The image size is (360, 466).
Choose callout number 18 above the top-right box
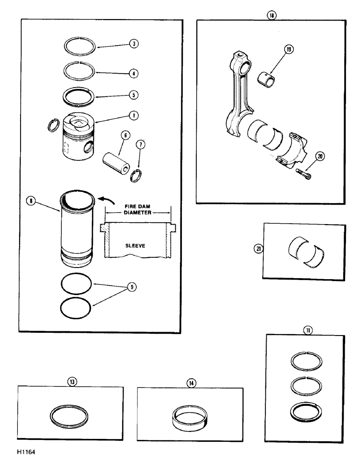click(x=271, y=14)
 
